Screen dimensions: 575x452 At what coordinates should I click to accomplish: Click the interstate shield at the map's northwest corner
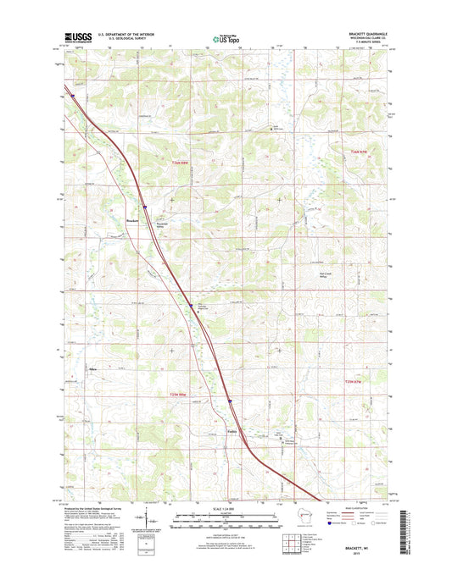tap(74, 96)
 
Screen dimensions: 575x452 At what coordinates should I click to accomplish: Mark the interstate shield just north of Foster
tap(229, 401)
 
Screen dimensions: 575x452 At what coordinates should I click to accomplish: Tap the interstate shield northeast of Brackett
tap(145, 205)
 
